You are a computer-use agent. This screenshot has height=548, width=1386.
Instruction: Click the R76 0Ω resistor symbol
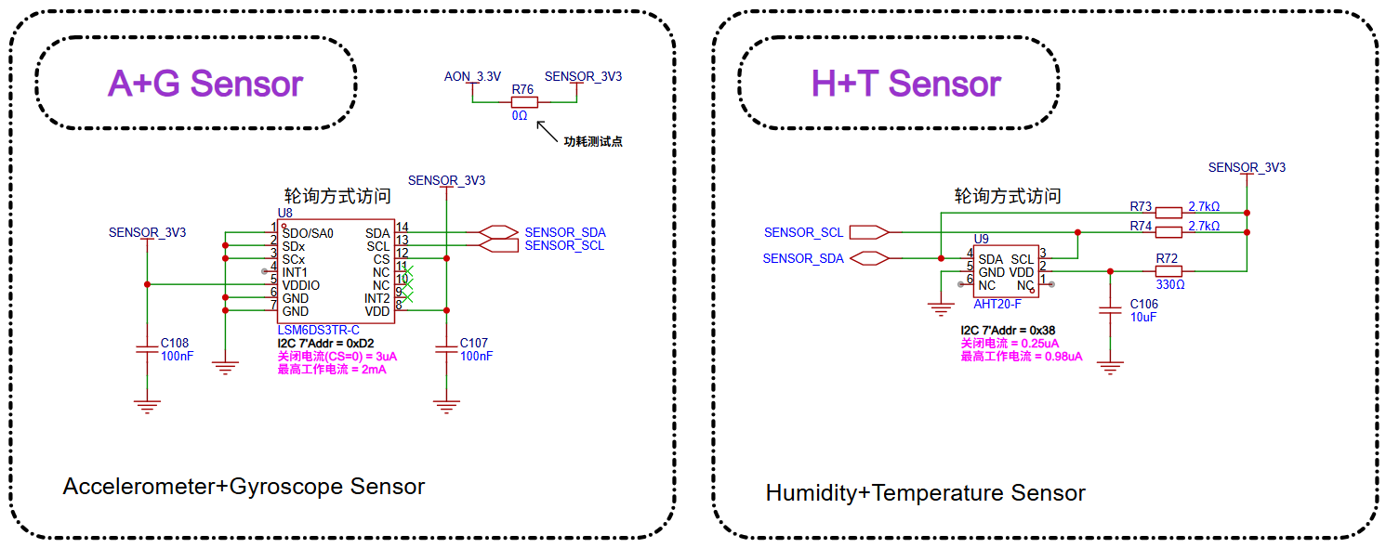pos(523,102)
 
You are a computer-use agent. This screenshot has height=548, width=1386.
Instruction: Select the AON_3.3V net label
pos(472,76)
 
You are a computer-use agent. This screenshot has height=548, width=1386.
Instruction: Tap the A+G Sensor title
pos(205,84)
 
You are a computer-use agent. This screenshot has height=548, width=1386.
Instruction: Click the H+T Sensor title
pos(905,84)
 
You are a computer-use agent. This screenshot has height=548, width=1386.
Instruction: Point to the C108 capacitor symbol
pos(147,349)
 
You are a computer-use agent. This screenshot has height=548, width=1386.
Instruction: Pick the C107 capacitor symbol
pos(447,349)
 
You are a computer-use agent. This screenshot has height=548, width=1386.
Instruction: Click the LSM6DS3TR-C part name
pos(318,331)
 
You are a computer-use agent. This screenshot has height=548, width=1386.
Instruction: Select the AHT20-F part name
pos(997,305)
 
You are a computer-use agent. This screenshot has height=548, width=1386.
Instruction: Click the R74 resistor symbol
pos(1168,231)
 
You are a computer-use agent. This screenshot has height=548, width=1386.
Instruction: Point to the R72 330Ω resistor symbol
pos(1168,271)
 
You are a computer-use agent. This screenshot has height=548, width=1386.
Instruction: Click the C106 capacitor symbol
pos(1109,311)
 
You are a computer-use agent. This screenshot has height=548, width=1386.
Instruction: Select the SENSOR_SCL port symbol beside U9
pos(869,232)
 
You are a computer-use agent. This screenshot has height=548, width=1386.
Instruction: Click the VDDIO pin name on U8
pos(301,285)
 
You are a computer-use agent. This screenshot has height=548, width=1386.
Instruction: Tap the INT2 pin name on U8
pos(376,298)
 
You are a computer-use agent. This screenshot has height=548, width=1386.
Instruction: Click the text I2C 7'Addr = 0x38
pos(1008,330)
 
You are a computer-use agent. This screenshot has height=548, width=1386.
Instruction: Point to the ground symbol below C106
pos(1109,368)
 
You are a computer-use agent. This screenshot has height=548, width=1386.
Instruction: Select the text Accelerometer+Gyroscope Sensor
pos(244,487)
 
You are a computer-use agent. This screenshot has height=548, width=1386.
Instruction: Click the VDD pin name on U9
pos(1022,272)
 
